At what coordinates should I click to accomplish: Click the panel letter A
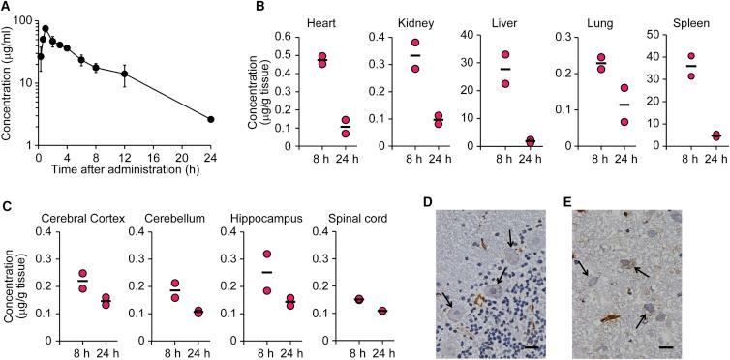(x=7, y=8)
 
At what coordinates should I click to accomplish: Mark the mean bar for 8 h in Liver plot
(x=505, y=69)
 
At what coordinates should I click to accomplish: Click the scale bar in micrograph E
(x=693, y=344)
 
